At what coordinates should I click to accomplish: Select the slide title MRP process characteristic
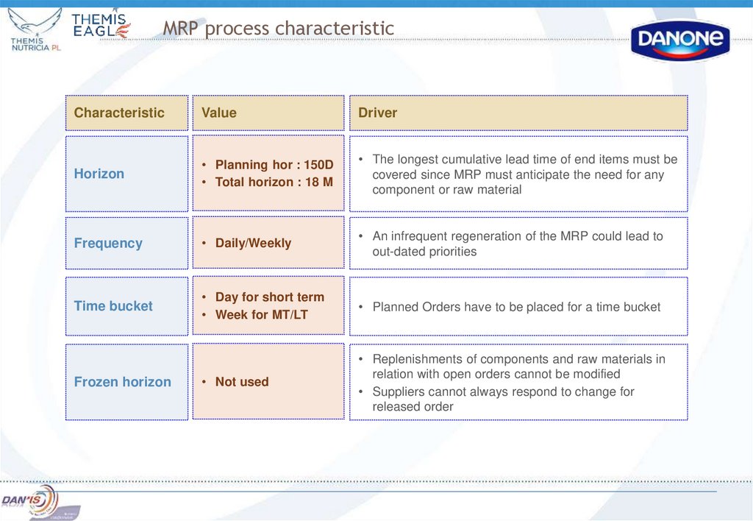point(278,29)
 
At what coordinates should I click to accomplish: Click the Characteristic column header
point(119,113)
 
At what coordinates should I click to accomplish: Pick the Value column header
point(219,113)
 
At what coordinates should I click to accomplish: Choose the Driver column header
point(377,113)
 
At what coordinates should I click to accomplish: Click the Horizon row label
point(99,174)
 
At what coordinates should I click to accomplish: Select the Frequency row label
point(108,243)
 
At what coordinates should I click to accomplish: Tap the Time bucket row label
point(113,305)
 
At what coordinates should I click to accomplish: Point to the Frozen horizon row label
point(122,382)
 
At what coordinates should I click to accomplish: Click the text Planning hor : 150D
point(274,165)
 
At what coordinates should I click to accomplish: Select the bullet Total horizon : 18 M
point(274,182)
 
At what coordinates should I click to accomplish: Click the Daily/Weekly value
point(253,243)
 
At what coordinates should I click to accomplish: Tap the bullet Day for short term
point(269,297)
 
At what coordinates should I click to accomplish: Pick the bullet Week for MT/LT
point(261,314)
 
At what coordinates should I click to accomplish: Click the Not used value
point(242,382)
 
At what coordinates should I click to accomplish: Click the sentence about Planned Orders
point(516,307)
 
